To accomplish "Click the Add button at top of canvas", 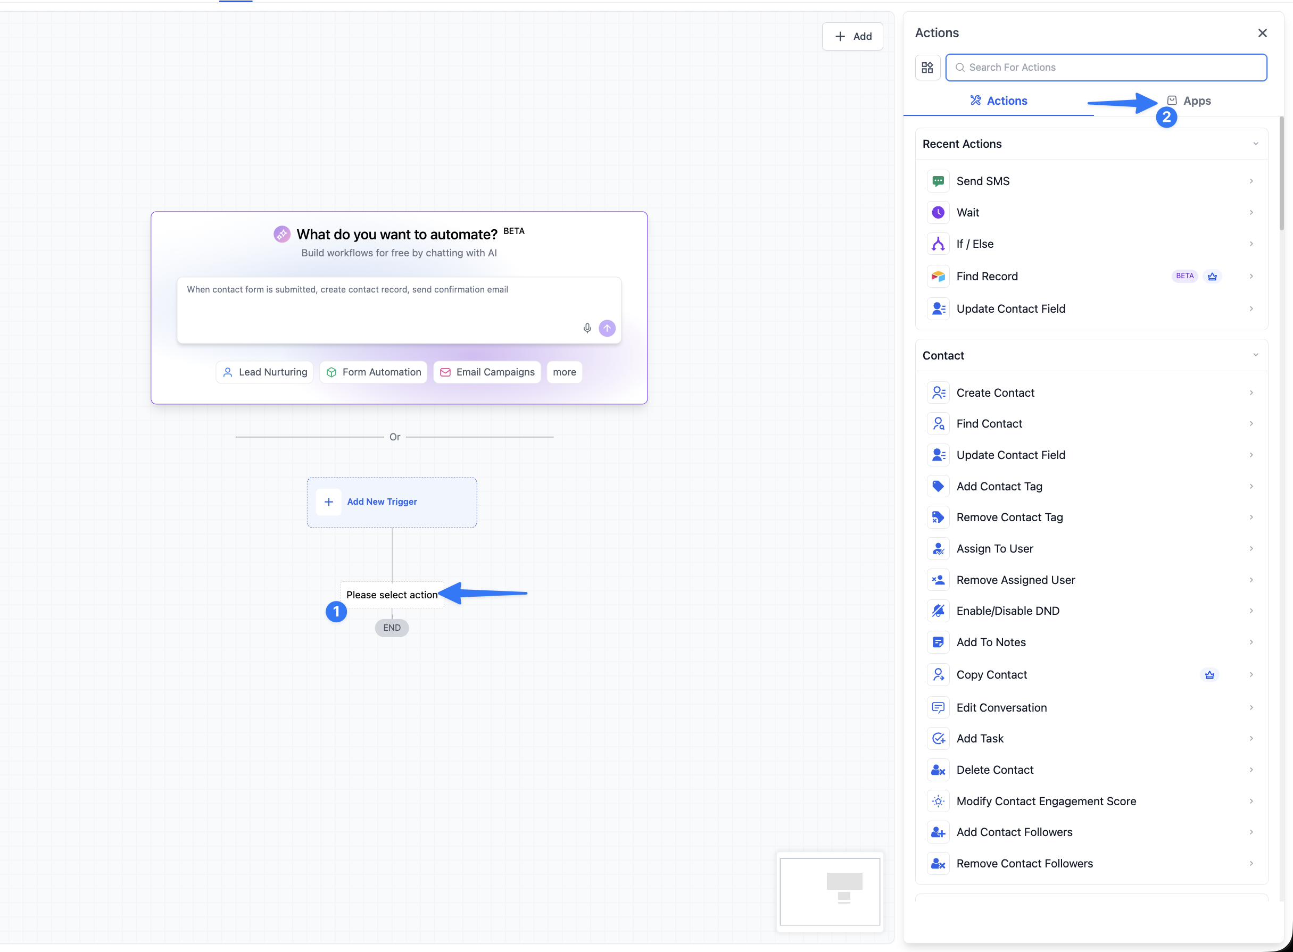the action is pos(852,36).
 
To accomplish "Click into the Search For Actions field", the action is pos(1106,68).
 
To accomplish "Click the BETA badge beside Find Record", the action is pos(1184,276).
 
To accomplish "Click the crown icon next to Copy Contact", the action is pos(1209,675).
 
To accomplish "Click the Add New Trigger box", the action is pos(392,502).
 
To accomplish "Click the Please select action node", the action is pos(392,595).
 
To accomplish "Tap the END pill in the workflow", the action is pos(392,628).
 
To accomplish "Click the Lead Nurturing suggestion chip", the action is pos(264,372).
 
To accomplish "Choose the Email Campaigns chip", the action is pos(487,372).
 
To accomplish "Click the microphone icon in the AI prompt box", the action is pos(587,328).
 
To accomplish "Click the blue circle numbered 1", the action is pos(336,612).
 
